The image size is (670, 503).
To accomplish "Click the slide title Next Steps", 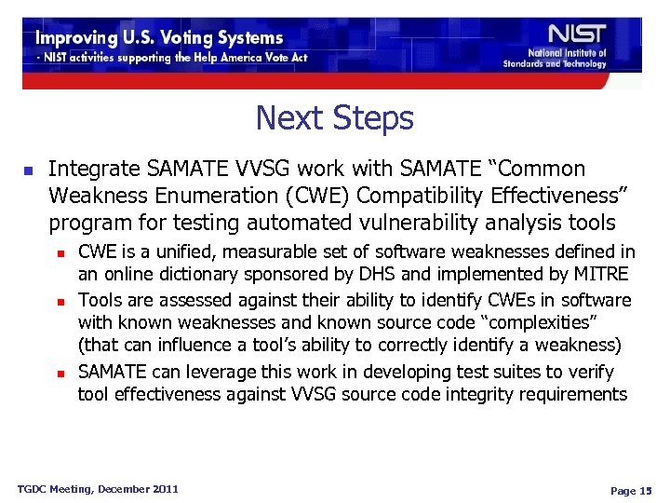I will [334, 118].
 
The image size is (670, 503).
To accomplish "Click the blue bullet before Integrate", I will [28, 171].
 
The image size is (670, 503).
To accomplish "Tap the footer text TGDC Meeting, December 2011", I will [99, 489].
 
